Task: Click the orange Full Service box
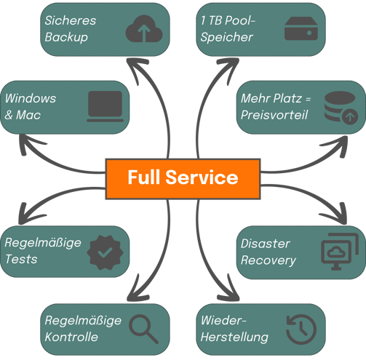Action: click(183, 179)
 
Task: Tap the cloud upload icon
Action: click(144, 29)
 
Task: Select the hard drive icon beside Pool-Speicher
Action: click(301, 28)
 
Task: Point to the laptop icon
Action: click(105, 106)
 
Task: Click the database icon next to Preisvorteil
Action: click(341, 108)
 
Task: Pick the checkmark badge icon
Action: click(105, 252)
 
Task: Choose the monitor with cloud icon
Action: click(340, 252)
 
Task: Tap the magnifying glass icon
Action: click(143, 329)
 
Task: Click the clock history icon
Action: click(301, 329)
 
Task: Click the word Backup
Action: click(66, 37)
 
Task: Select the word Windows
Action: click(31, 98)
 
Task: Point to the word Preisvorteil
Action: click(274, 115)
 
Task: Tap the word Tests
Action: click(21, 259)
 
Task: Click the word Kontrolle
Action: click(71, 337)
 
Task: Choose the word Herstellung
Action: click(234, 337)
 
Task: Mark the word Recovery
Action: click(268, 260)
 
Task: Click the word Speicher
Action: click(227, 37)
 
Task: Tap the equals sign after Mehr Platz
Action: click(308, 99)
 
